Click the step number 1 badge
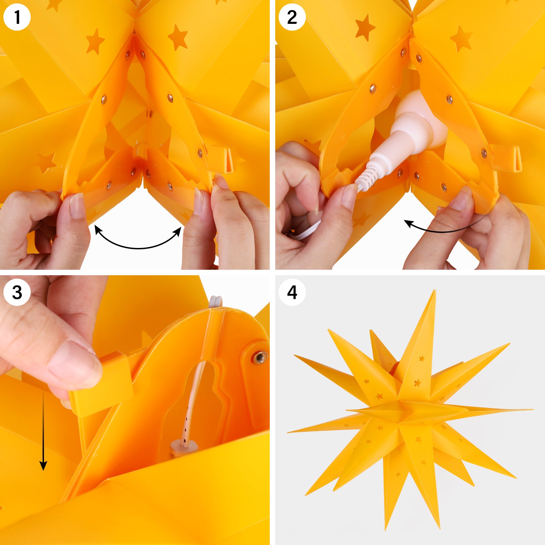tap(17, 17)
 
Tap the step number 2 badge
tap(292, 17)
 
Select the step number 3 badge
tap(17, 292)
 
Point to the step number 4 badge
tap(292, 292)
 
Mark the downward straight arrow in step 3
tap(43, 431)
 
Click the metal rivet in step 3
tap(260, 357)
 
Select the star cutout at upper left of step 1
tap(94, 41)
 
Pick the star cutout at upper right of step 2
tap(461, 38)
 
